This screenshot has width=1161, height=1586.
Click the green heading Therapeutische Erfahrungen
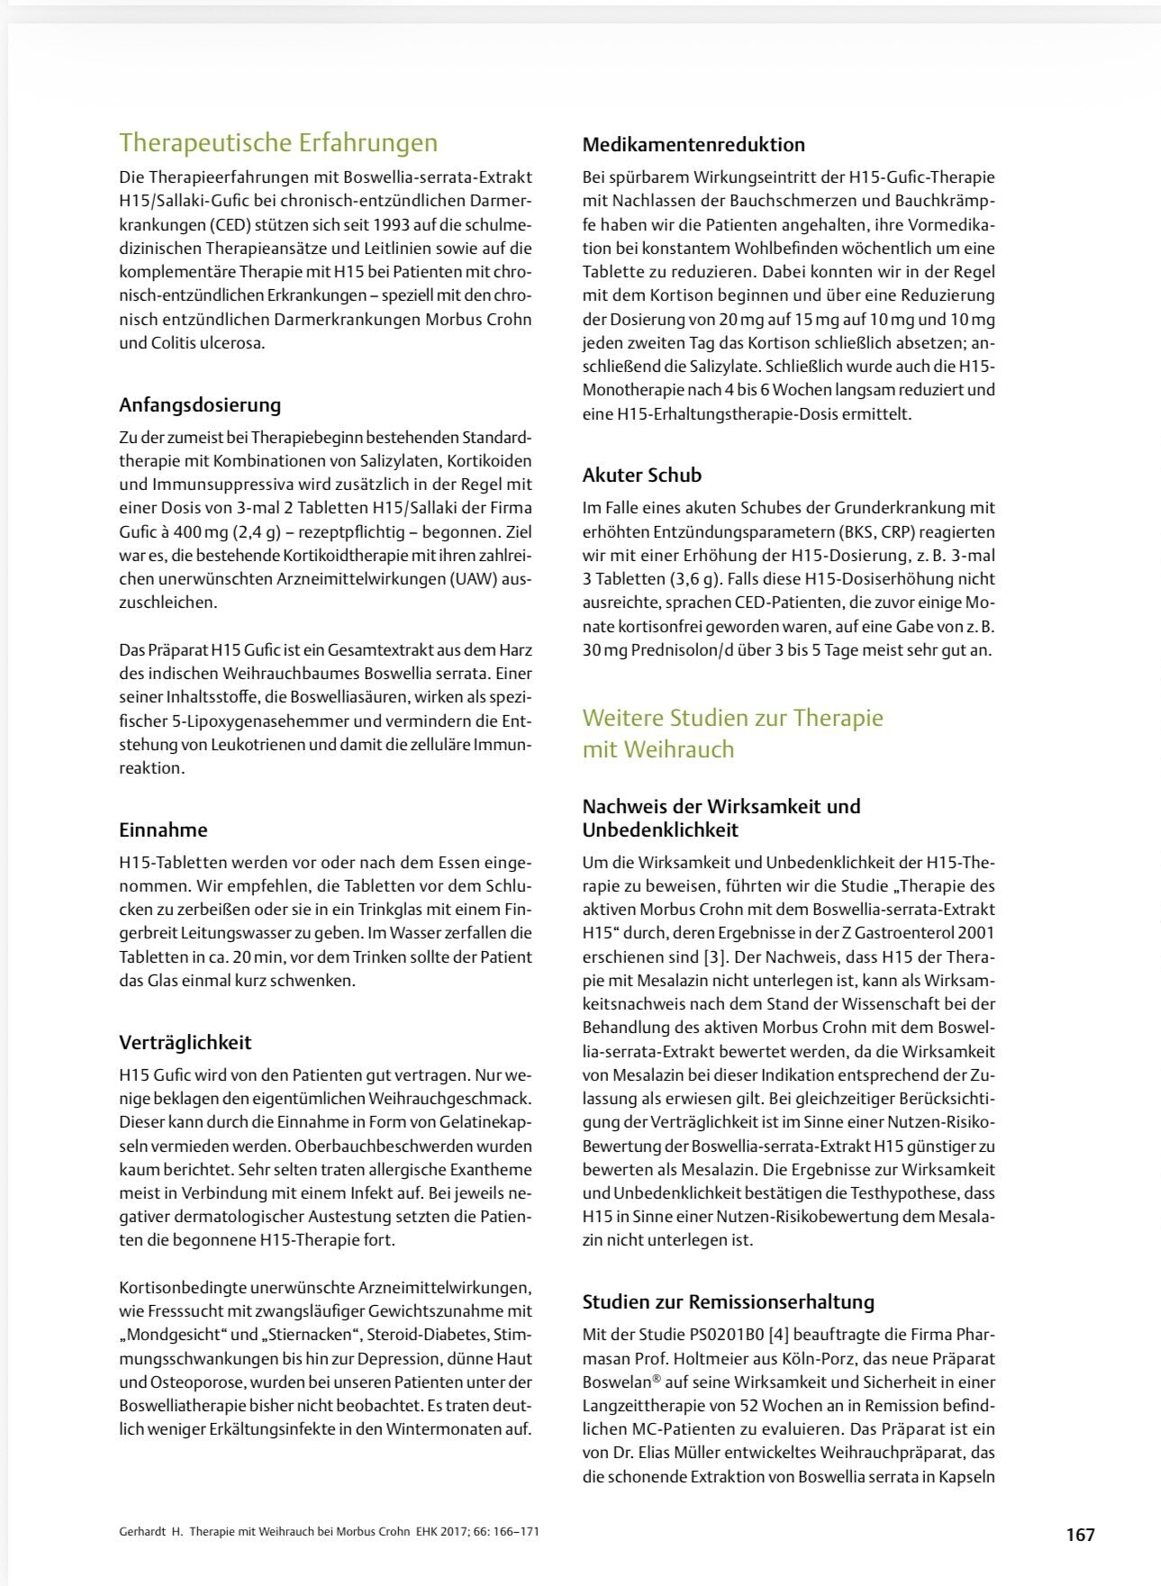pyautogui.click(x=278, y=142)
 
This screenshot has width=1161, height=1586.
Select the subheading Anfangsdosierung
pyautogui.click(x=200, y=404)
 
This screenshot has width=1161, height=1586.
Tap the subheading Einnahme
pyautogui.click(x=163, y=829)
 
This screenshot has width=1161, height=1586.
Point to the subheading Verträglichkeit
pyautogui.click(x=185, y=1042)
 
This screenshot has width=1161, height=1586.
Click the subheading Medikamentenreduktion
pyautogui.click(x=694, y=144)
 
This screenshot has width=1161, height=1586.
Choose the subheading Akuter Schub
pyautogui.click(x=641, y=475)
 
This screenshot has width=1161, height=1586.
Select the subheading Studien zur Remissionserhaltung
pyautogui.click(x=728, y=1301)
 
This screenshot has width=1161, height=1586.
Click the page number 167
pyautogui.click(x=1080, y=1534)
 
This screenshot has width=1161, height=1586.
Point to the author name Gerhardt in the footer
pyautogui.click(x=142, y=1531)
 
